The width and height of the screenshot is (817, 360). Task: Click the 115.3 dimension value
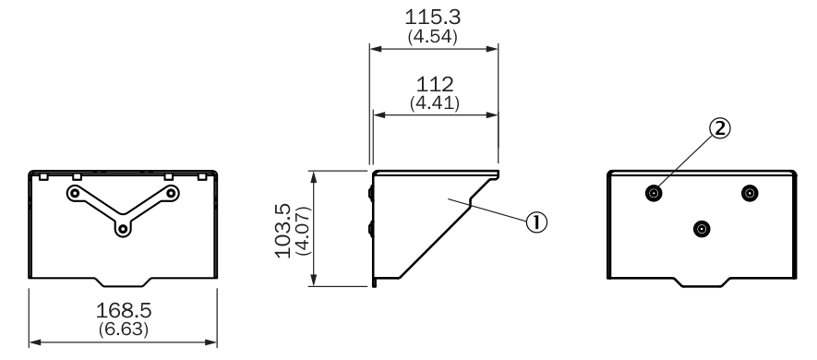(432, 18)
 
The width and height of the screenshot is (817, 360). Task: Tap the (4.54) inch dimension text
(432, 37)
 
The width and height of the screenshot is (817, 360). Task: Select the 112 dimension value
(435, 84)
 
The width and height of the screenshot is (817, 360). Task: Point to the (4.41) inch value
(435, 102)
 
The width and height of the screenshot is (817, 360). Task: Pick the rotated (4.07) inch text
(302, 231)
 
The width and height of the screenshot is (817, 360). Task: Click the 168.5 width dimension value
(124, 310)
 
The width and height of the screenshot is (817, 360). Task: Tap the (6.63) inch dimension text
(124, 330)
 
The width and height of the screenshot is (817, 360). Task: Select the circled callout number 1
(536, 222)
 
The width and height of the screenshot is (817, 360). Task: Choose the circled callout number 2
(719, 128)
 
